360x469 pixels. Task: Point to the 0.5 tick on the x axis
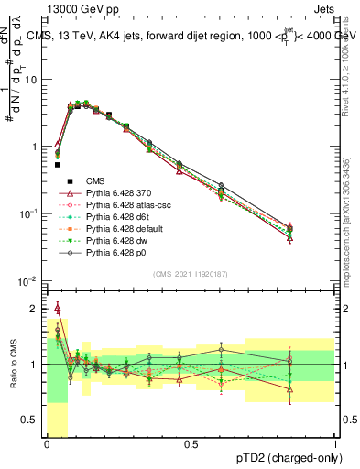click(191, 444)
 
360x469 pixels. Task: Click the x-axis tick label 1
click(335, 444)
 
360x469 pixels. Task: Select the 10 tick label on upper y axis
click(33, 79)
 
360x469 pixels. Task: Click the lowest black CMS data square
click(57, 165)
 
